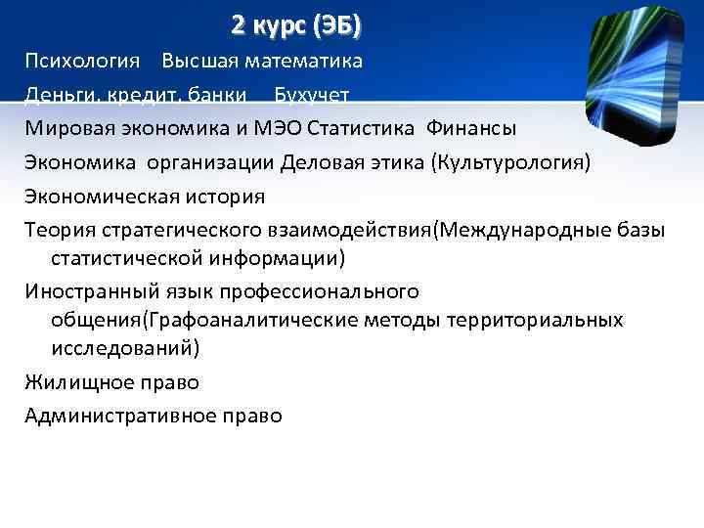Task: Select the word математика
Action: click(x=303, y=61)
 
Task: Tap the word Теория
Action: click(x=57, y=230)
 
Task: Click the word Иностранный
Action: click(x=86, y=291)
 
